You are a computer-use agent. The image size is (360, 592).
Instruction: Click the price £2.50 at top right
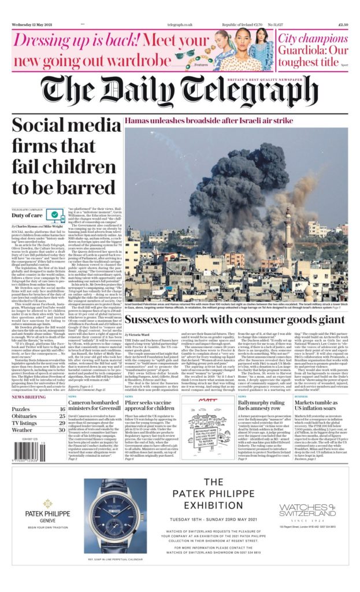[342, 25]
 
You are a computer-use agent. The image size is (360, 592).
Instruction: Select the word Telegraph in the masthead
[249, 91]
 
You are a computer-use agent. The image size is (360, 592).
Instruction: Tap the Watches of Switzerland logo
[307, 509]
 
